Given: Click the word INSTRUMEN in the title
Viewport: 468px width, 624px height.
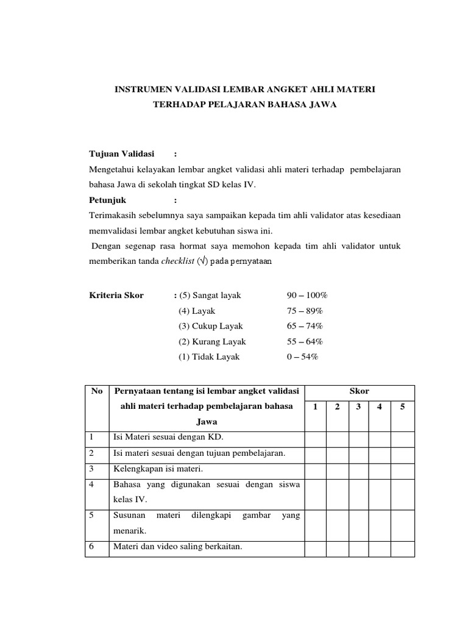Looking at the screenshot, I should point(144,90).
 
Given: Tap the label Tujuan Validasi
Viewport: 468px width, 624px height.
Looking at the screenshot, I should point(122,153).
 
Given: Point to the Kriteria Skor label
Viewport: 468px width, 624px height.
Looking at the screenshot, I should point(116,296).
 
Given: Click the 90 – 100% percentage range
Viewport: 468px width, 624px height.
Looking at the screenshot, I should point(307,296).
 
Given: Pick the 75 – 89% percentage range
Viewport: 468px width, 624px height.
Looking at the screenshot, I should point(305,311).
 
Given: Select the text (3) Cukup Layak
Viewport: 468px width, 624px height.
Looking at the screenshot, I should point(210,326).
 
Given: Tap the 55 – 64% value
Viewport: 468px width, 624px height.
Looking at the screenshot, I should point(305,342).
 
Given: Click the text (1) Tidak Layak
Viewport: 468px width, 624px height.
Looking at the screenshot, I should point(209,357).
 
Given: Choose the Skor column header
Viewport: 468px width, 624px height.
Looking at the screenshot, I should point(360,391).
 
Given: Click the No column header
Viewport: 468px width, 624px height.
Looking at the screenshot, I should point(97,391).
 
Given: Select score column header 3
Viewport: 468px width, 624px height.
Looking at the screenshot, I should point(358,407).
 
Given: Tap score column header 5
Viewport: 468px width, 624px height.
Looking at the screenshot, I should point(402,407).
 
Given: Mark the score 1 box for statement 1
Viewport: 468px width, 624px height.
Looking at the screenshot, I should point(315,438).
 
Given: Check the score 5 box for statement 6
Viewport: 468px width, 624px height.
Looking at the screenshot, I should point(402,547).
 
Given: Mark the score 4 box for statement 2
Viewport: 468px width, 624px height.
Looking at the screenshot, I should point(380,453).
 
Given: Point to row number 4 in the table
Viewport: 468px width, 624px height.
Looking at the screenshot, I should point(91,484).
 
